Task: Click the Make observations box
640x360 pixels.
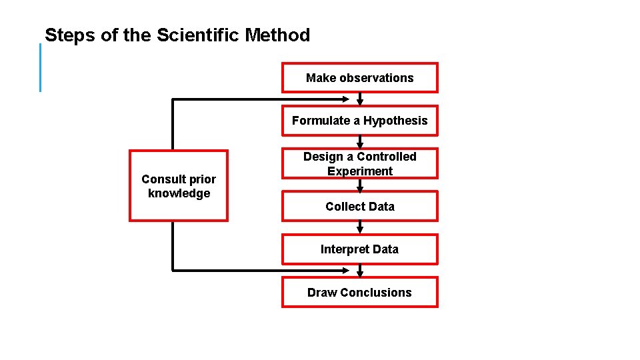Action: coord(359,78)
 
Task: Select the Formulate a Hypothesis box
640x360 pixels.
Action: coord(359,121)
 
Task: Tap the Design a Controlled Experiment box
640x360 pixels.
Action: coord(359,163)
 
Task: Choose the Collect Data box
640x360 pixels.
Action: coord(359,207)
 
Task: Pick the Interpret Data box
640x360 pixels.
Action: coord(359,249)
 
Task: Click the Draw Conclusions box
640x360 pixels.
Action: coord(359,292)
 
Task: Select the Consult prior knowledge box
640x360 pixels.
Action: coord(178,186)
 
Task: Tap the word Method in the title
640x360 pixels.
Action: coord(277,35)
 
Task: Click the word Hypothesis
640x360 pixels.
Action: coord(395,121)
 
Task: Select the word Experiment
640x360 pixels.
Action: coord(359,171)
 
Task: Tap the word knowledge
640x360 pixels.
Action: coord(179,193)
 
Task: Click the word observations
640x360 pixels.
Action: coord(376,78)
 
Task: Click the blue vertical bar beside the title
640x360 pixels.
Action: coord(40,67)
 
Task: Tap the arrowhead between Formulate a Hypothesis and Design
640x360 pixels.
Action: coord(360,145)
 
